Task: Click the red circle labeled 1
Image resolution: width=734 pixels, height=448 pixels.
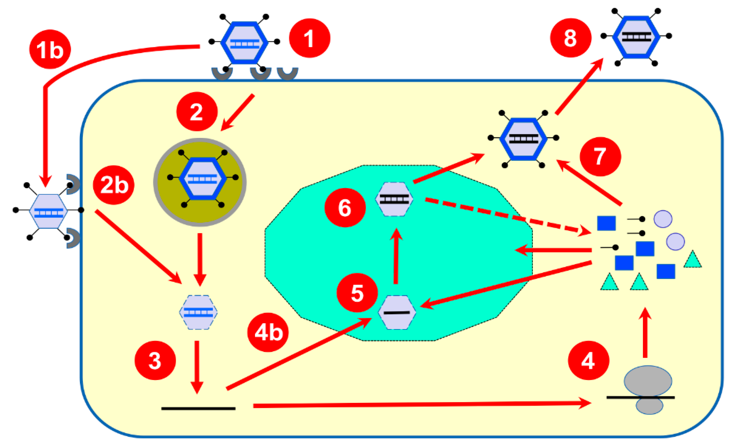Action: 310,38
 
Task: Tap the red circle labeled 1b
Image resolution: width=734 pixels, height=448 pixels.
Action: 50,49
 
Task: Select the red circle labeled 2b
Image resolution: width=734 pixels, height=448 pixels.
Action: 114,185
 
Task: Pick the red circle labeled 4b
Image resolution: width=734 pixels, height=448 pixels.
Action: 268,332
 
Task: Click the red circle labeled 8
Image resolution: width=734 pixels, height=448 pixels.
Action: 570,38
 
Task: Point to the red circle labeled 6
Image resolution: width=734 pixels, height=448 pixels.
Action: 345,208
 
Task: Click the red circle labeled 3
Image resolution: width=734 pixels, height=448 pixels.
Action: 155,360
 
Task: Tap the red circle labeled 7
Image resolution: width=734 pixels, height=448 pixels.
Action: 600,157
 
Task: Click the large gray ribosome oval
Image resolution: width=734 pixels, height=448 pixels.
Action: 648,381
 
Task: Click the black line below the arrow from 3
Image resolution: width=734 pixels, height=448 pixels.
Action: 198,408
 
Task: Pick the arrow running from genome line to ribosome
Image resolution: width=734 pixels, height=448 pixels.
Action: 417,405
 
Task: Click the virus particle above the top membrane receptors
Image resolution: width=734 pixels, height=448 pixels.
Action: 244,43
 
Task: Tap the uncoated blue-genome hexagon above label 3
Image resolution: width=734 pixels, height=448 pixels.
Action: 198,312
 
